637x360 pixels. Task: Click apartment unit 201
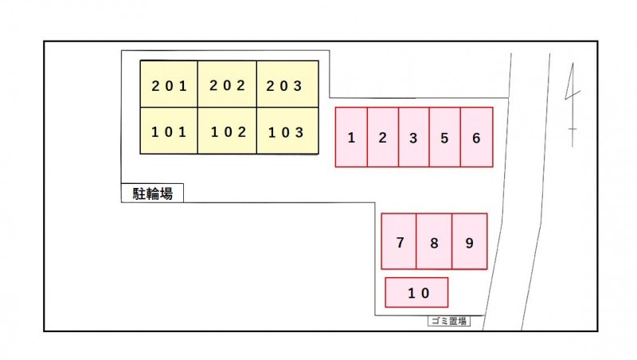tap(169, 84)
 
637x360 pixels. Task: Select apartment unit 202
tap(227, 84)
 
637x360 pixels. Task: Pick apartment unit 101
tap(169, 131)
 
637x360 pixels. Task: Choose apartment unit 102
tap(227, 131)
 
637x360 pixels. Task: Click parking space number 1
tap(351, 138)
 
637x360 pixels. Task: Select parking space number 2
tap(382, 138)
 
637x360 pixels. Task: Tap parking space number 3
tap(413, 138)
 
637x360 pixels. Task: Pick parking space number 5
tap(444, 138)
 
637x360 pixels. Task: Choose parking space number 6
tap(476, 138)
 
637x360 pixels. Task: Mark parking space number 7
tap(399, 242)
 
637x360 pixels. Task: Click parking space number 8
tap(434, 242)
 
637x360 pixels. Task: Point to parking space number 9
tap(469, 242)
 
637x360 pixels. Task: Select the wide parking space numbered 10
tap(416, 292)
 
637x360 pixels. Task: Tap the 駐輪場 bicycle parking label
tap(152, 193)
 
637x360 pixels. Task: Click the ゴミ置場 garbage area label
tap(447, 321)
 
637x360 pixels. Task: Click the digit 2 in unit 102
tap(242, 132)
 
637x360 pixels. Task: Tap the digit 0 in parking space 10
tap(425, 293)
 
